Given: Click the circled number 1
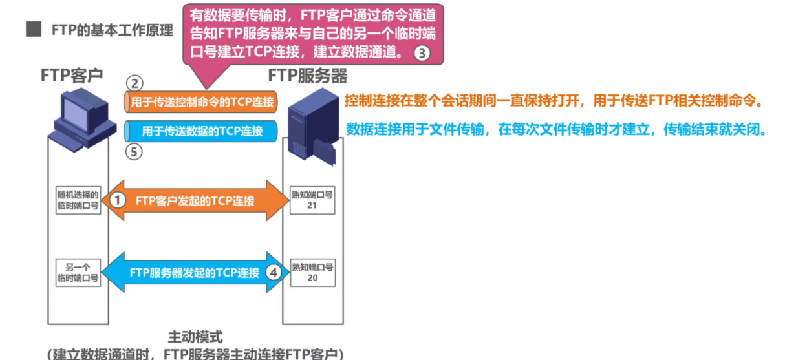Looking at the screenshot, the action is pos(117,200).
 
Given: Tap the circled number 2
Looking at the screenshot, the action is pos(134,84).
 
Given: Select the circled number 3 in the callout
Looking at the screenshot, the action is pos(422,54).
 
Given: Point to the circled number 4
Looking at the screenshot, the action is pos(274,272).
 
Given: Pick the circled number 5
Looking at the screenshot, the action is pos(134,153).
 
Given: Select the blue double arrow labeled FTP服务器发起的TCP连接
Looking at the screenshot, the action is pos(194,272).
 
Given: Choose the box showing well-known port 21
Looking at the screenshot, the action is pos(312,200).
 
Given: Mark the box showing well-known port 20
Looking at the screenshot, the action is pos(312,272).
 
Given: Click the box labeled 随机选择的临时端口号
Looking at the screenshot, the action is pos(78,200).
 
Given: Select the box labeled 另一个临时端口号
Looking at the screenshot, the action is pos(78,272).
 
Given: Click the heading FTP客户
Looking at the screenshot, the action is pos(71,76).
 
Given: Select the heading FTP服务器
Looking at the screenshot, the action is pos(308,76).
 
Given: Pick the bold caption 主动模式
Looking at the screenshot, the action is pos(195,337).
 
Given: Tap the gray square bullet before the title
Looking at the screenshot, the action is pos(34,30).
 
